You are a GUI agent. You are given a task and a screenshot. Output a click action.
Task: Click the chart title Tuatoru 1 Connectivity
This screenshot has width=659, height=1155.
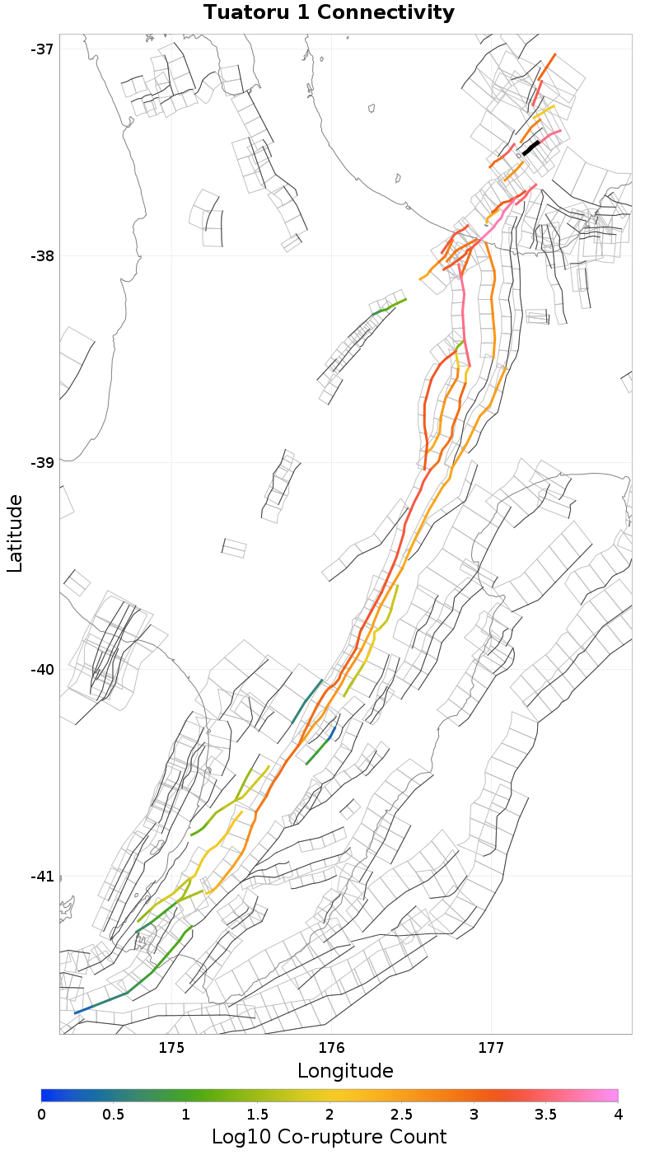[x=329, y=12]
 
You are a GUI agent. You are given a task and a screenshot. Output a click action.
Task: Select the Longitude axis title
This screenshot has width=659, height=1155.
[x=345, y=1070]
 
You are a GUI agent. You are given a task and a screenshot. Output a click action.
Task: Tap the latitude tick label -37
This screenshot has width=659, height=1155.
[x=42, y=49]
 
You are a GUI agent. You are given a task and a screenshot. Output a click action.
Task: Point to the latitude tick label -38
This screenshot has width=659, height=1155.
[x=42, y=255]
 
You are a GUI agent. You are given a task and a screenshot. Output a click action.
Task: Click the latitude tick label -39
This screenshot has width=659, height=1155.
[x=42, y=462]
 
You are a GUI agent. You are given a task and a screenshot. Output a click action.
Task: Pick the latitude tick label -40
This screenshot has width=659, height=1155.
[x=42, y=669]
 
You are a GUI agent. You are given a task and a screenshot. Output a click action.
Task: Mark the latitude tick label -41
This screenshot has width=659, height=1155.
[x=42, y=876]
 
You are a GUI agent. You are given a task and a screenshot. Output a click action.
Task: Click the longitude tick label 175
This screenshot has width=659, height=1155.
[x=171, y=1048]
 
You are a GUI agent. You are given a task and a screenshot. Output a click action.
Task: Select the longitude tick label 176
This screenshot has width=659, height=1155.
[x=331, y=1048]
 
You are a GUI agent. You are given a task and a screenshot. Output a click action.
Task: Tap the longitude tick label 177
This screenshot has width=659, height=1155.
[x=491, y=1048]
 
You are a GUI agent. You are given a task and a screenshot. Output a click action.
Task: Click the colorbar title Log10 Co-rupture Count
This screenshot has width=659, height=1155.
[x=329, y=1137]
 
